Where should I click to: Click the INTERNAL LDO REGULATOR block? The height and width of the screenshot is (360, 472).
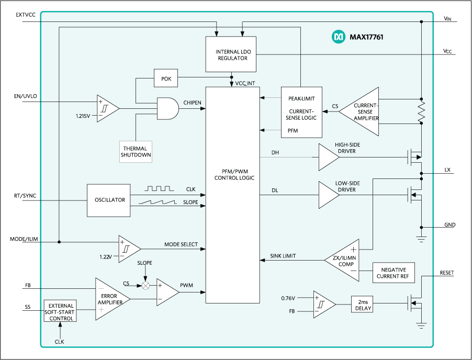coord(231,55)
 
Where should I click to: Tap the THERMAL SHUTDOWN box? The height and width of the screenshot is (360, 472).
coord(136,152)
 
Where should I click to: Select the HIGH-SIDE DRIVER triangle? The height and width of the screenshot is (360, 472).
coord(329,157)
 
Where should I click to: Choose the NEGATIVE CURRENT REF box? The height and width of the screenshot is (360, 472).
coord(394,273)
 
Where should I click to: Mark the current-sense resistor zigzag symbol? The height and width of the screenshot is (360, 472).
coord(421,111)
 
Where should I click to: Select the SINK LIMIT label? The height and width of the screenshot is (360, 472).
coord(283,256)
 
